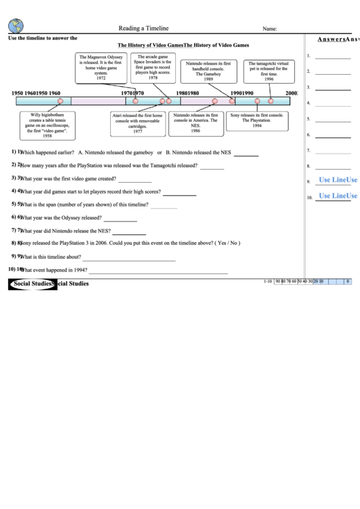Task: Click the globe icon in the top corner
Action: [x=16, y=26]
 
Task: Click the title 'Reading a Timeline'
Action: [x=143, y=29]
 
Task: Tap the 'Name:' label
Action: [x=270, y=29]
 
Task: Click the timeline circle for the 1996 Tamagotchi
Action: [x=271, y=101]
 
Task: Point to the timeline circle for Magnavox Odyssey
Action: [x=136, y=101]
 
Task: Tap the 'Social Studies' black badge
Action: [x=33, y=283]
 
